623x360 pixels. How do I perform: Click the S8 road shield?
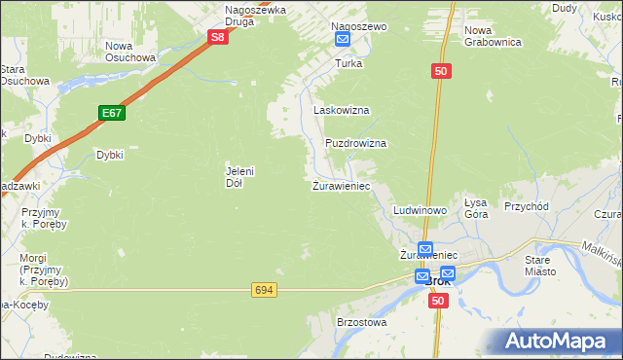[x=219, y=38]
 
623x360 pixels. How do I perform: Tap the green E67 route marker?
[x=112, y=114]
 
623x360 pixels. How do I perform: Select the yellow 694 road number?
[x=263, y=290]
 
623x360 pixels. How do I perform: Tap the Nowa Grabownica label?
[x=493, y=36]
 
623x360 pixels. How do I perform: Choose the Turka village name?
[x=348, y=63]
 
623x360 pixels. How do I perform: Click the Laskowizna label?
[x=341, y=111]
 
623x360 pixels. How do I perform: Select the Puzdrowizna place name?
[x=355, y=143]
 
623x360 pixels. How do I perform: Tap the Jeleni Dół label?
[x=239, y=176]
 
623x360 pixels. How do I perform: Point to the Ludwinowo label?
[x=420, y=210]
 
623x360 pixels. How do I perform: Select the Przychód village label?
[x=527, y=206]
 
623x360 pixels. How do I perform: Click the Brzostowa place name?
[x=362, y=321]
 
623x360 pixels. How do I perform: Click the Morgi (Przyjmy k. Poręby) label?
[x=38, y=270]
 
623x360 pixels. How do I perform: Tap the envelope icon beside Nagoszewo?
[x=343, y=39]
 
